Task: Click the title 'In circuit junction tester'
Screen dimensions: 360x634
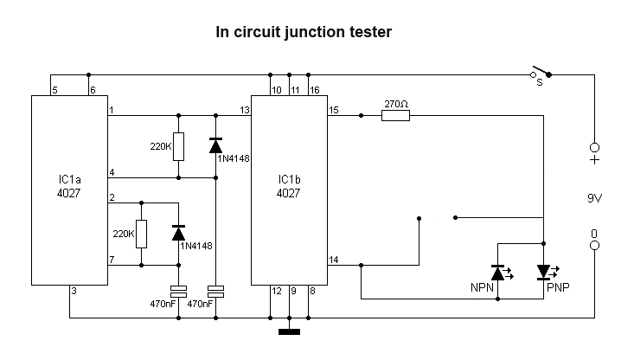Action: pyautogui.click(x=304, y=33)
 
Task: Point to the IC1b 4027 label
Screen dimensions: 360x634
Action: pyautogui.click(x=289, y=187)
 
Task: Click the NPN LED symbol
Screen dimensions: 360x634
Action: pyautogui.click(x=498, y=273)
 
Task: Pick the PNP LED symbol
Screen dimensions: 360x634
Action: pyautogui.click(x=543, y=273)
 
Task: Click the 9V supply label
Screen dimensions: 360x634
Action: pyautogui.click(x=594, y=197)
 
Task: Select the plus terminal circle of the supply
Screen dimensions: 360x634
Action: pyautogui.click(x=594, y=147)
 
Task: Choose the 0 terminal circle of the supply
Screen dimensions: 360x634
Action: pyautogui.click(x=594, y=246)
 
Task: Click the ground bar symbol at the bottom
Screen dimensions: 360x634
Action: pyautogui.click(x=289, y=330)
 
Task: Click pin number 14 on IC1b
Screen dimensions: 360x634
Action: pyautogui.click(x=334, y=260)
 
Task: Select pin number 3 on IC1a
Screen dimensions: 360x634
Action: pyautogui.click(x=74, y=292)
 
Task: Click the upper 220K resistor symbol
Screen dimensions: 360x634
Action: pyautogui.click(x=178, y=146)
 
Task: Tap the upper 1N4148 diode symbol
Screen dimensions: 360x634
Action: pyautogui.click(x=215, y=145)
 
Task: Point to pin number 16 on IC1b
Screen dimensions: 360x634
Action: pyautogui.click(x=314, y=89)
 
